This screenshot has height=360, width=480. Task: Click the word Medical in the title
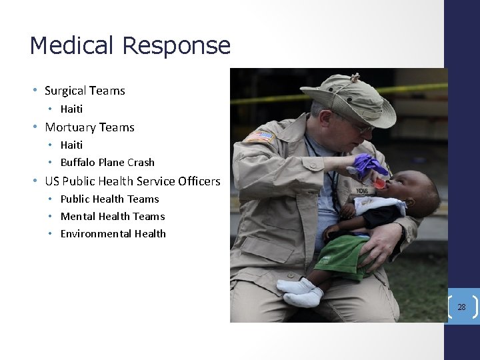click(73, 45)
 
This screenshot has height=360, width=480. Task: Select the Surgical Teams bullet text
click(85, 91)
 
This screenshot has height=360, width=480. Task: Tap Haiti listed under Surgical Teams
click(71, 109)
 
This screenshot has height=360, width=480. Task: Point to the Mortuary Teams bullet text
click(89, 127)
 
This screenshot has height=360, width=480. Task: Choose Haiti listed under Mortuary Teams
click(71, 145)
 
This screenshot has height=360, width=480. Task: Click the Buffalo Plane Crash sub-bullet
click(107, 162)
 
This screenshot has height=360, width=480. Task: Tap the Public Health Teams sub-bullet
click(109, 199)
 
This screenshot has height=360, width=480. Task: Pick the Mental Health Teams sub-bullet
click(112, 216)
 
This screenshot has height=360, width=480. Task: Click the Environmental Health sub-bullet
click(113, 233)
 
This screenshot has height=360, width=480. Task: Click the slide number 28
click(461, 307)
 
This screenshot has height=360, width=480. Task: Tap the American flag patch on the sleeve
click(260, 136)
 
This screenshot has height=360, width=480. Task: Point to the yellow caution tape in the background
click(420, 88)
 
